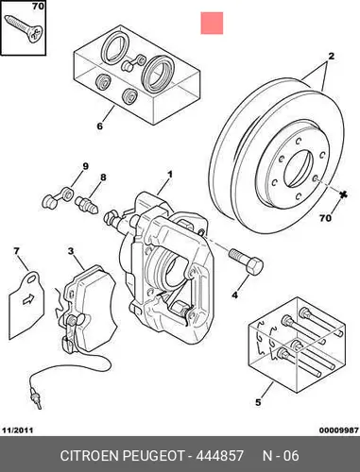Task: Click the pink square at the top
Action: click(212, 23)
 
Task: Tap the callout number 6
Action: click(99, 126)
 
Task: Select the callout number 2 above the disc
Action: click(332, 57)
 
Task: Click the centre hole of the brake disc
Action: click(299, 168)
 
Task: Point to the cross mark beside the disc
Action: click(344, 194)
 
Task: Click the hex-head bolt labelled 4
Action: click(247, 262)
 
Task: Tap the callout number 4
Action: click(235, 295)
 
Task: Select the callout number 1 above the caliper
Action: click(169, 174)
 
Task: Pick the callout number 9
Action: click(86, 166)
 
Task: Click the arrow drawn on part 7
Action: click(28, 299)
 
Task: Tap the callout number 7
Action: click(16, 251)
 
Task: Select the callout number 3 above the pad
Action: click(71, 251)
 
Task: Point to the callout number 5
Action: click(258, 402)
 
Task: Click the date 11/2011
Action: click(18, 430)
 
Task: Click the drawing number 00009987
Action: click(339, 430)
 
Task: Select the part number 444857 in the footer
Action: click(220, 456)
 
